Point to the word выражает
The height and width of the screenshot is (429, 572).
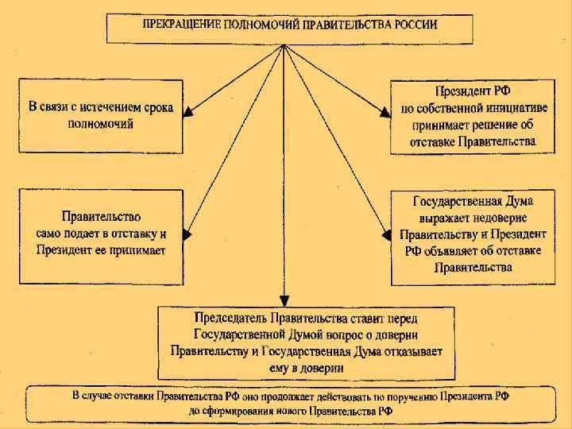pyautogui.click(x=447, y=217)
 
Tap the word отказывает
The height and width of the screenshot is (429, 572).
pyautogui.click(x=408, y=350)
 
